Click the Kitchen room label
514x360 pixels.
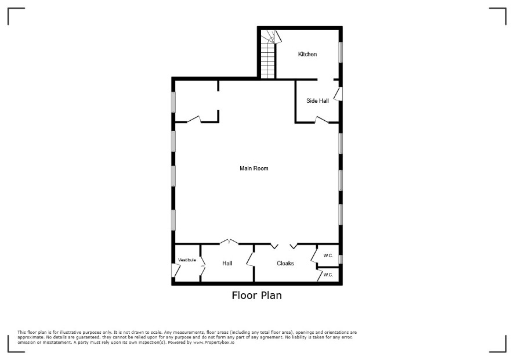[x=307, y=54]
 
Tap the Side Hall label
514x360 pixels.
[x=317, y=101]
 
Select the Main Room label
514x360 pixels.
[x=254, y=168]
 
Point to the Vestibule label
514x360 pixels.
[x=187, y=260]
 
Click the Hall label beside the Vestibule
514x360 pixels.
[x=227, y=263]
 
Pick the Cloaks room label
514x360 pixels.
[x=285, y=263]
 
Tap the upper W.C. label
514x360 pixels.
[x=328, y=255]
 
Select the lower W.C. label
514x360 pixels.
[x=328, y=275]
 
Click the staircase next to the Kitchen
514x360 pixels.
[x=269, y=54]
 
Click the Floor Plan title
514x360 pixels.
[x=256, y=296]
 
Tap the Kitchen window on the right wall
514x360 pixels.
[x=341, y=52]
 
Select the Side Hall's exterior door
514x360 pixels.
[x=338, y=94]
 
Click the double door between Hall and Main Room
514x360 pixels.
[x=229, y=242]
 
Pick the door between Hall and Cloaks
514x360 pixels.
[x=251, y=259]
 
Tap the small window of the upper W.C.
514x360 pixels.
[x=341, y=259]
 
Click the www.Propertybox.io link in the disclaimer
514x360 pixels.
[x=213, y=342]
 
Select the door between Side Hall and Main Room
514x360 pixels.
[x=321, y=120]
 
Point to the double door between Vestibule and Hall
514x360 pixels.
[x=202, y=265]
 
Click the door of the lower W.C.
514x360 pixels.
[x=320, y=275]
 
